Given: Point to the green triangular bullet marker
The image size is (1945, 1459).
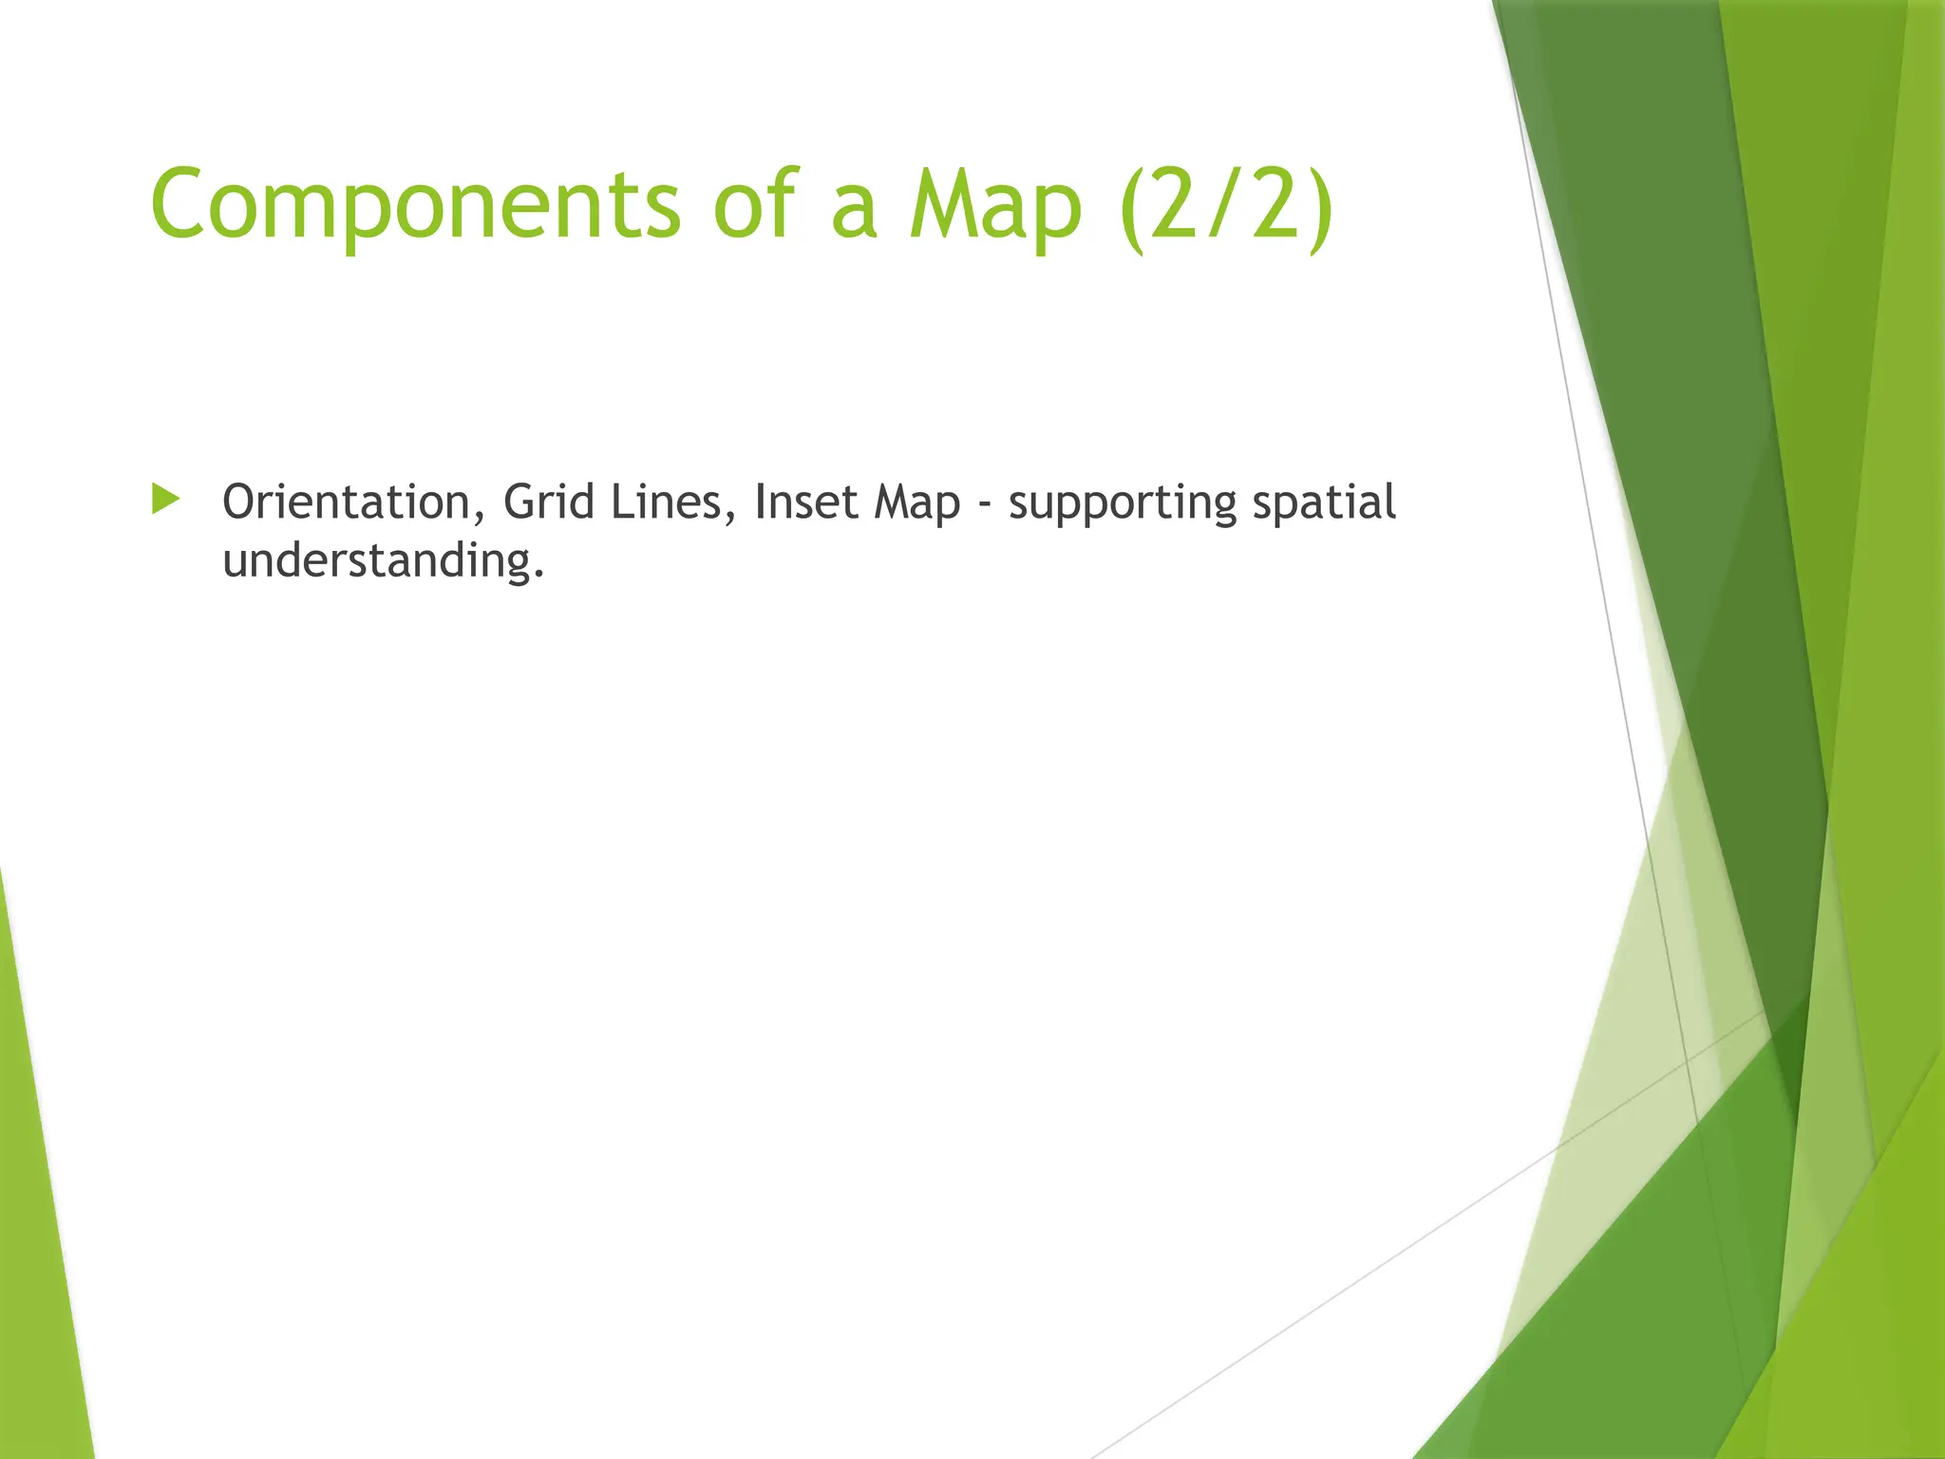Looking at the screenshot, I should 165,499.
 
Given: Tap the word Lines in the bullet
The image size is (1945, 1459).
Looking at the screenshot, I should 667,502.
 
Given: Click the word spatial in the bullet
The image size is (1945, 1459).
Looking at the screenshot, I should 1324,503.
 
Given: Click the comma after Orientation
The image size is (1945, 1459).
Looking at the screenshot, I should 479,519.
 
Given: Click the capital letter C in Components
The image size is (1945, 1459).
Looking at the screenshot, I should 182,203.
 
